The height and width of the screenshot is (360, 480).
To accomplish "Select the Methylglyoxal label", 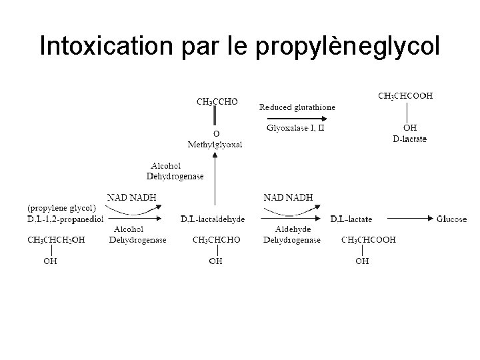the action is pyautogui.click(x=215, y=144).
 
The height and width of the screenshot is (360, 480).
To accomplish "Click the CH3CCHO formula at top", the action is pyautogui.click(x=217, y=102).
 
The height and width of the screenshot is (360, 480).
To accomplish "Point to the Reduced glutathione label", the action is pyautogui.click(x=297, y=107).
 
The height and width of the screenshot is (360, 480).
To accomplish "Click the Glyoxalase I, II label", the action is pyautogui.click(x=295, y=128).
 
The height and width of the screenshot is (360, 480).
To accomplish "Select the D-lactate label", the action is pyautogui.click(x=410, y=139).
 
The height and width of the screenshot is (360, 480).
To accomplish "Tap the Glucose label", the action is pyautogui.click(x=451, y=219).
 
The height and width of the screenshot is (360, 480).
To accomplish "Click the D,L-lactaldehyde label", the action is pyautogui.click(x=213, y=219).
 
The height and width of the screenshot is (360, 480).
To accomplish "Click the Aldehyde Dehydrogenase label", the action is pyautogui.click(x=292, y=235).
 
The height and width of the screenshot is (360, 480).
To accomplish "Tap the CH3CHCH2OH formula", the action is pyautogui.click(x=56, y=240).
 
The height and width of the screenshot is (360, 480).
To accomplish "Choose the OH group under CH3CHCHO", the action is pyautogui.click(x=215, y=261).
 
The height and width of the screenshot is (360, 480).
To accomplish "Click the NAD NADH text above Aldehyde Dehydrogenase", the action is pyautogui.click(x=288, y=197).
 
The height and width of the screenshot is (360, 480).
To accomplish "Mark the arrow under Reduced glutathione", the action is pyautogui.click(x=297, y=116).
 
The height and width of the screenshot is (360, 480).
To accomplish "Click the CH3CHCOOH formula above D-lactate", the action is pyautogui.click(x=405, y=96).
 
